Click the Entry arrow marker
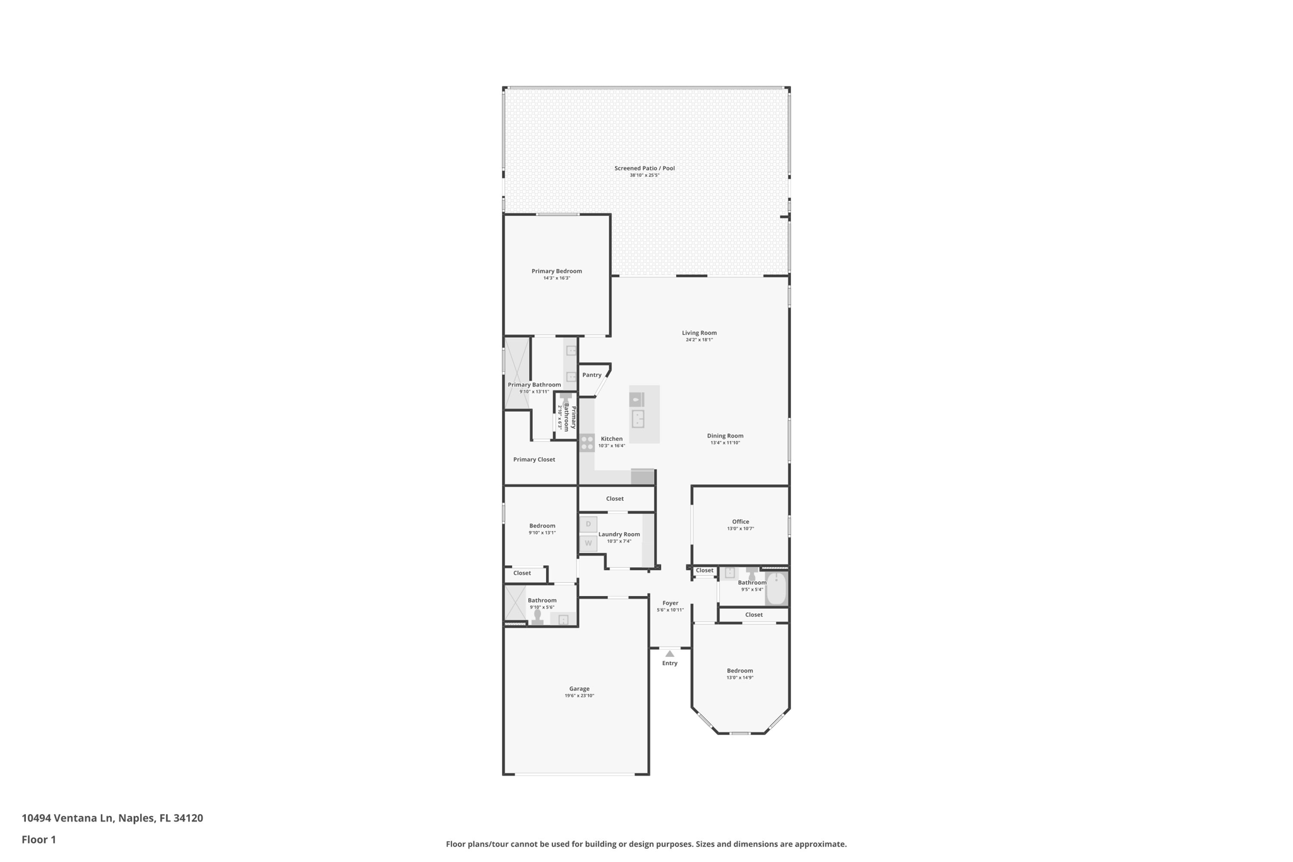tap(670, 654)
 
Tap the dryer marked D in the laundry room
tap(588, 524)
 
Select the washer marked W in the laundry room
tap(588, 543)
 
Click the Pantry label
tap(592, 375)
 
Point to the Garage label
tap(579, 689)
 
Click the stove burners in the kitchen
tap(587, 443)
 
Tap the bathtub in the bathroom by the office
tap(777, 589)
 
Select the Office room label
tap(741, 522)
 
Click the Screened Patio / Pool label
tap(645, 169)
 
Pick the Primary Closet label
tap(534, 460)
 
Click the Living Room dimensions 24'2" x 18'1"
tap(699, 340)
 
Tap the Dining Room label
tap(725, 436)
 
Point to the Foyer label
tap(670, 603)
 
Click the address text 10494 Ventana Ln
tap(68, 818)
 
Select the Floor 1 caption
tap(39, 840)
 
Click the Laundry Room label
tap(619, 534)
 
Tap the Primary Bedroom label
tap(556, 272)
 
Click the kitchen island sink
tap(638, 419)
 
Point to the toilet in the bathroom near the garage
tap(537, 617)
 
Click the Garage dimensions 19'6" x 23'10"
tap(579, 696)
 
